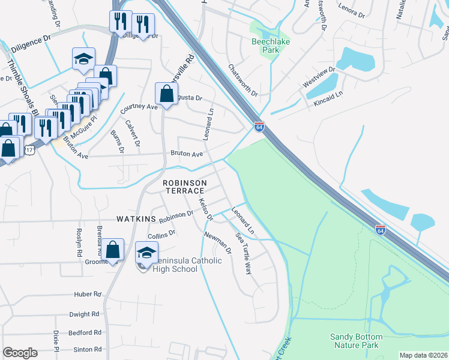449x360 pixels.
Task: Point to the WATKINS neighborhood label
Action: [137, 218]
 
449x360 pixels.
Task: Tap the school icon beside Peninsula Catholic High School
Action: [146, 254]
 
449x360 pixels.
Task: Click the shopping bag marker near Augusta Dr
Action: [166, 94]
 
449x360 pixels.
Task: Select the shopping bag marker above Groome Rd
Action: [112, 249]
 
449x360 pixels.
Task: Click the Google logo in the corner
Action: [20, 353]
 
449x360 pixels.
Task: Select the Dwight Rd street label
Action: [84, 314]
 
